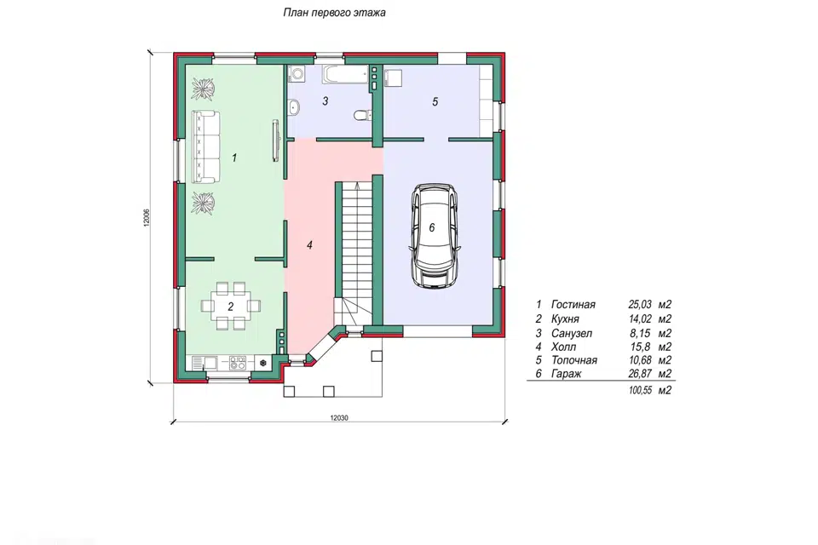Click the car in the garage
pos(435,235)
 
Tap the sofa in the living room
pos(205,146)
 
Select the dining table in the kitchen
pos(231,306)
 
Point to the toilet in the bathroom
pos(361,114)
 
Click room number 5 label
pos(435,101)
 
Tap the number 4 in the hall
pos(309,244)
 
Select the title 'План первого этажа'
pos(334,13)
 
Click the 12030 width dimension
pos(339,418)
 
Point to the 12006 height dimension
pos(147,217)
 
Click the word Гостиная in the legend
pos(573,305)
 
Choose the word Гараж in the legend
pos(566,374)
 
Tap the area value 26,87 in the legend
pos(640,374)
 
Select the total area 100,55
pos(640,390)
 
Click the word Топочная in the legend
pos(573,360)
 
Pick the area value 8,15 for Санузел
pos(640,333)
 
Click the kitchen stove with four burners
pos(238,363)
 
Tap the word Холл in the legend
pos(563,347)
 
